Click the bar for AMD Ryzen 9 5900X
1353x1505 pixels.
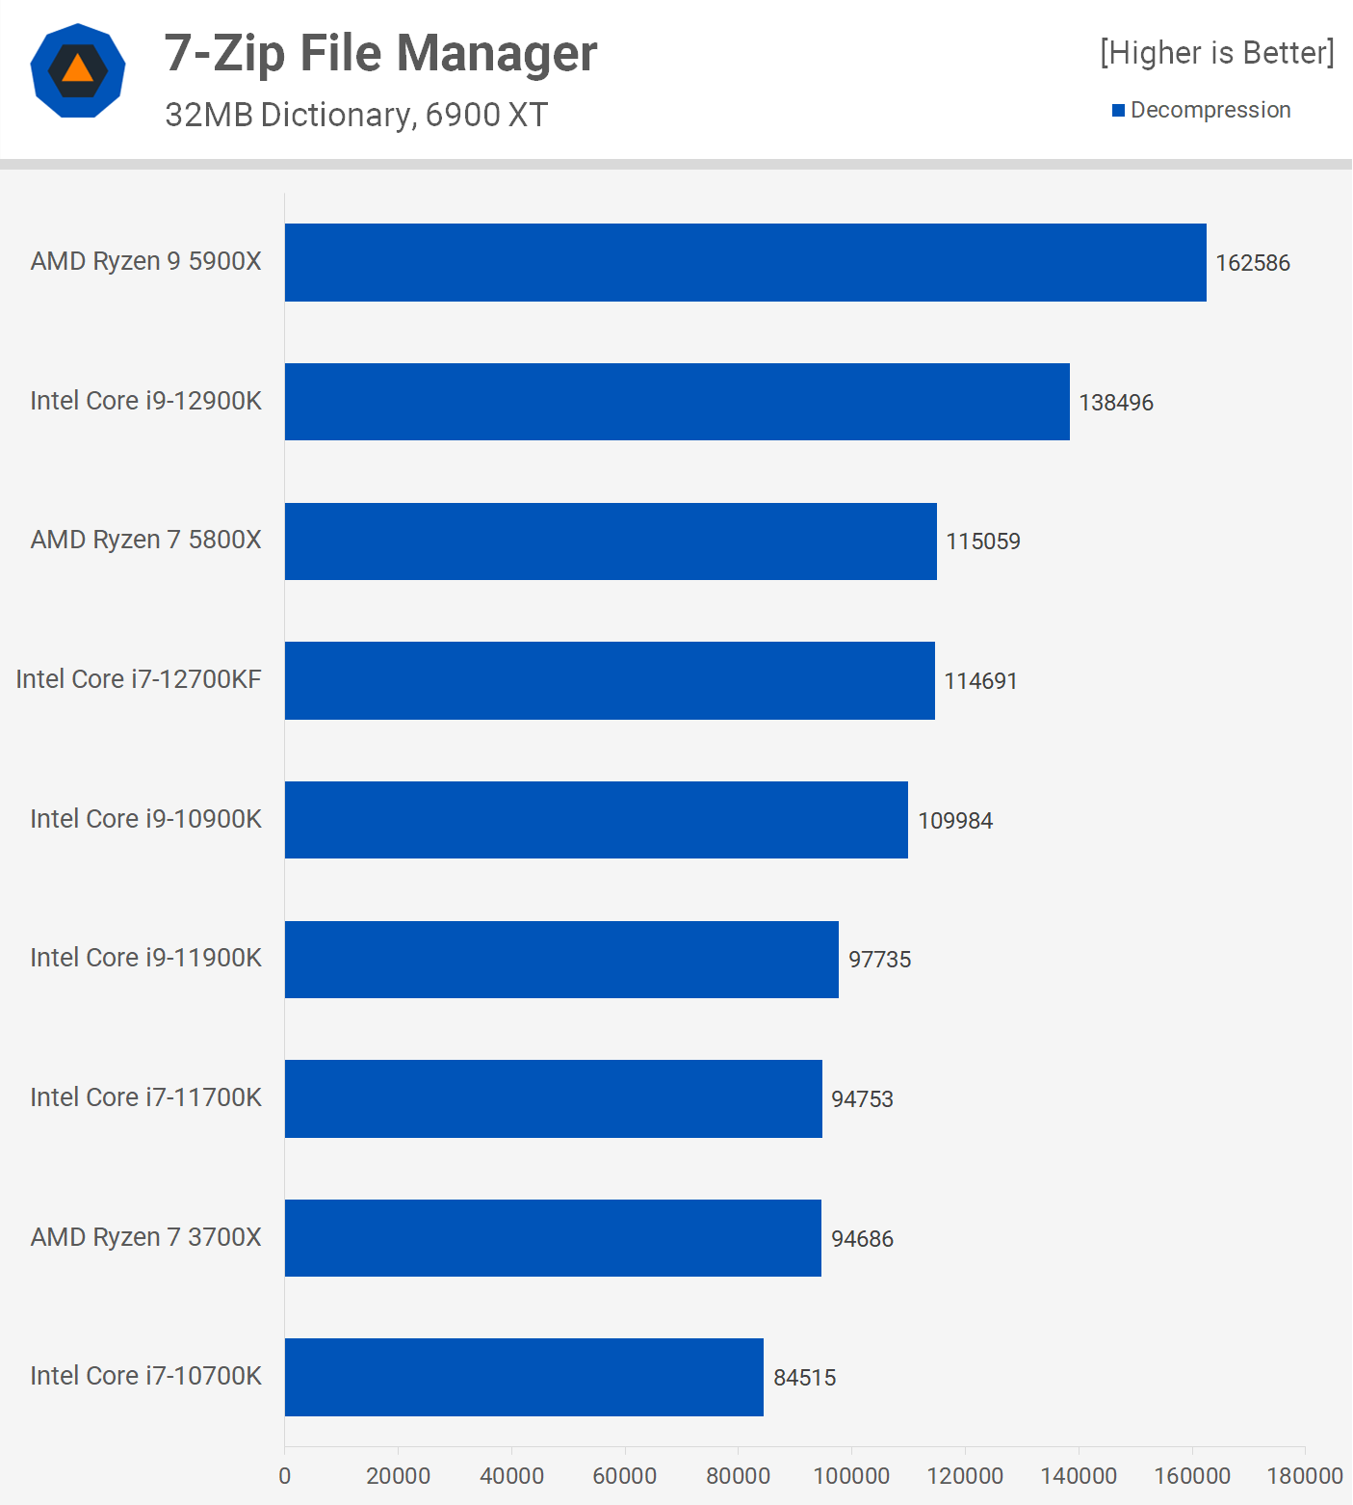pyautogui.click(x=745, y=262)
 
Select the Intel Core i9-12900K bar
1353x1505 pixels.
pyautogui.click(x=677, y=402)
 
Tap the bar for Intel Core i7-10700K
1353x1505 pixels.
pyautogui.click(x=524, y=1377)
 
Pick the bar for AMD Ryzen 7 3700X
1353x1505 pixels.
pyautogui.click(x=553, y=1238)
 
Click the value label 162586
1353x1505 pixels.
pyautogui.click(x=1252, y=263)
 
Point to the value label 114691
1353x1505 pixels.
pyautogui.click(x=980, y=681)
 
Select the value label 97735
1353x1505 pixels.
pyautogui.click(x=879, y=960)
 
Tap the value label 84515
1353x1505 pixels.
pyautogui.click(x=804, y=1378)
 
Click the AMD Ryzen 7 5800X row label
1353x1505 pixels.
pyautogui.click(x=145, y=540)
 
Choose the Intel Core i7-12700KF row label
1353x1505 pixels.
pyautogui.click(x=139, y=679)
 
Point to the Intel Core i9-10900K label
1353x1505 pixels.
pyautogui.click(x=145, y=819)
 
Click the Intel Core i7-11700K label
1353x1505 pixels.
pyautogui.click(x=145, y=1097)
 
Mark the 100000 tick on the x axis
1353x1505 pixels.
pyautogui.click(x=851, y=1476)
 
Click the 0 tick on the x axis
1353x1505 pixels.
pyautogui.click(x=284, y=1476)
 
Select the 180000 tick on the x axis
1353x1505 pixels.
pyautogui.click(x=1304, y=1476)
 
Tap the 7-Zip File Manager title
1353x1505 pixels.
pyautogui.click(x=380, y=53)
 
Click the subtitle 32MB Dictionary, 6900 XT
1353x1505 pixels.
pyautogui.click(x=355, y=115)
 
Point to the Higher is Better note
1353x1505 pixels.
pyautogui.click(x=1216, y=53)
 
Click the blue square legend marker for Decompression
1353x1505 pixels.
pyautogui.click(x=1118, y=111)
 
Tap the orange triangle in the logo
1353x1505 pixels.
pyautogui.click(x=78, y=69)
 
